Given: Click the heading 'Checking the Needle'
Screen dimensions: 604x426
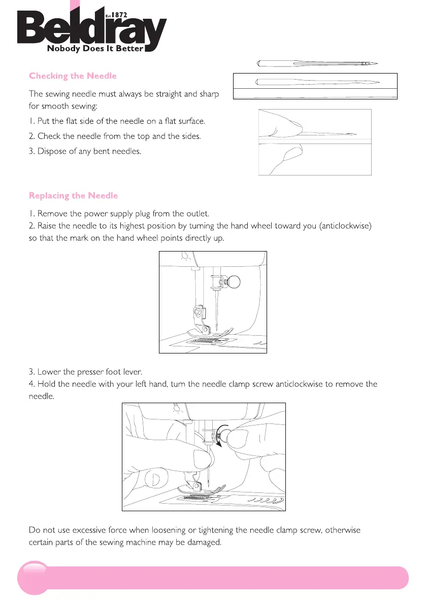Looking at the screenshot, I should click(x=73, y=76).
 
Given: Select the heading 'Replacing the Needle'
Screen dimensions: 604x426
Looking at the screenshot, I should click(x=73, y=196).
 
